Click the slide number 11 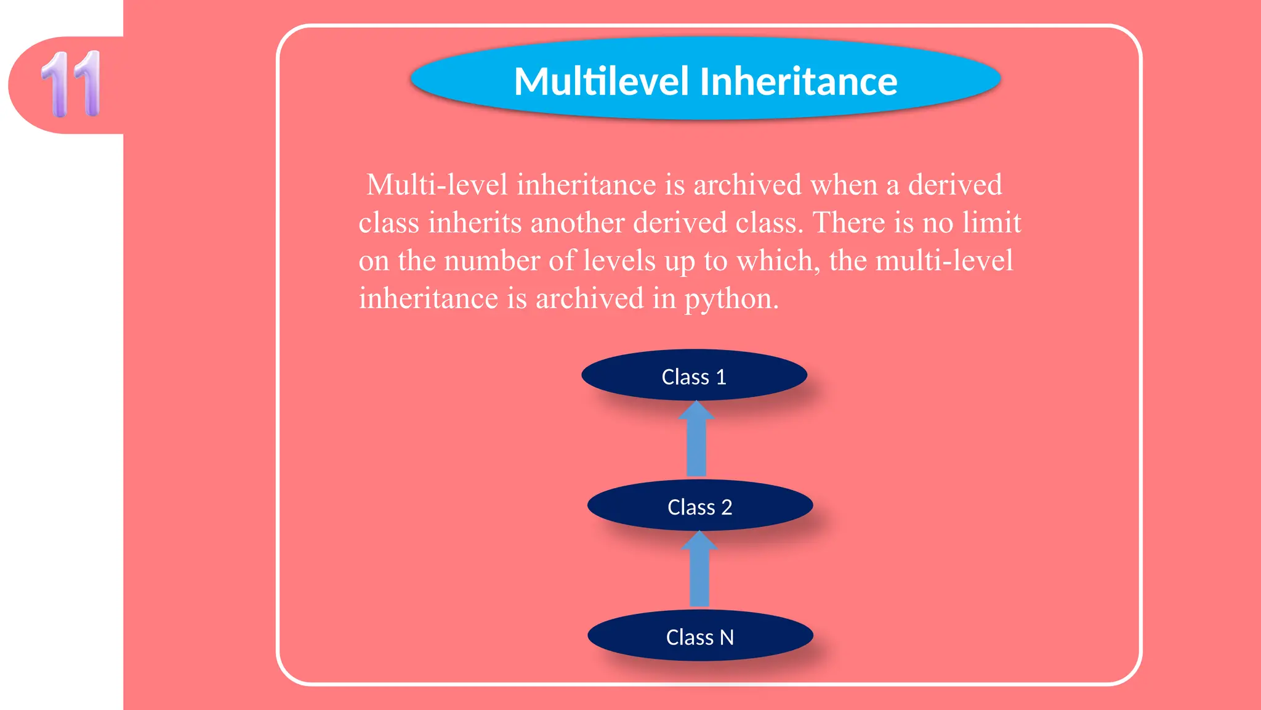(x=71, y=84)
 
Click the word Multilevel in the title (x=601, y=81)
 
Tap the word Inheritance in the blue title (x=799, y=81)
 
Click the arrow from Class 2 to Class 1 (x=696, y=440)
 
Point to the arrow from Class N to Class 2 (x=699, y=570)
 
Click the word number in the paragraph (x=492, y=261)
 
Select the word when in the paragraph (x=844, y=185)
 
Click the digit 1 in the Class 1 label (x=721, y=377)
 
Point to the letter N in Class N (x=727, y=637)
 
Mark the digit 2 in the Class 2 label (x=727, y=507)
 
